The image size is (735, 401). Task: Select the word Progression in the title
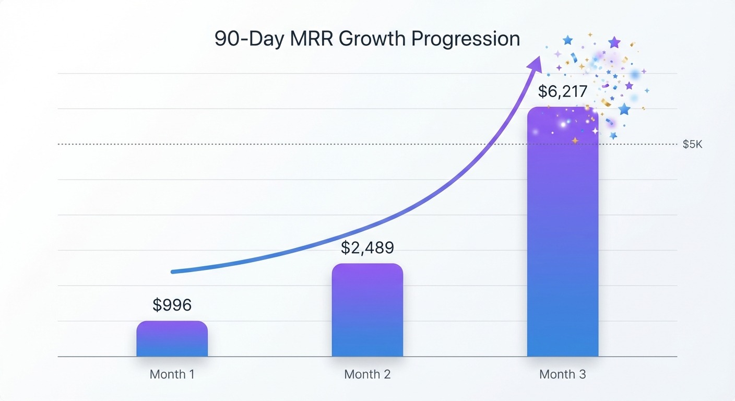(x=469, y=39)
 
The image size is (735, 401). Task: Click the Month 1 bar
(x=172, y=339)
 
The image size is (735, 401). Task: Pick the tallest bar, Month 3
(x=562, y=235)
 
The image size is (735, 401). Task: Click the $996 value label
(x=172, y=305)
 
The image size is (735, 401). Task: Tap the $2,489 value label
(x=367, y=247)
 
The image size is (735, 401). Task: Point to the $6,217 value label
(x=562, y=91)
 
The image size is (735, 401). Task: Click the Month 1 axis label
(x=172, y=374)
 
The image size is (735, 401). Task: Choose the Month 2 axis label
(x=367, y=374)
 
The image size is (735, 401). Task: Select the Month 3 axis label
(x=562, y=374)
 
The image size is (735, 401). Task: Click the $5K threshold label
(x=692, y=145)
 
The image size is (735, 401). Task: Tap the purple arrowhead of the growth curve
(x=536, y=64)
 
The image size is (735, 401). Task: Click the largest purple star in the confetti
(x=614, y=42)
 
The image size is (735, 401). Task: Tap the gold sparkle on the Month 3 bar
(x=575, y=140)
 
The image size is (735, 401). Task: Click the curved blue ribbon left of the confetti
(x=573, y=58)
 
